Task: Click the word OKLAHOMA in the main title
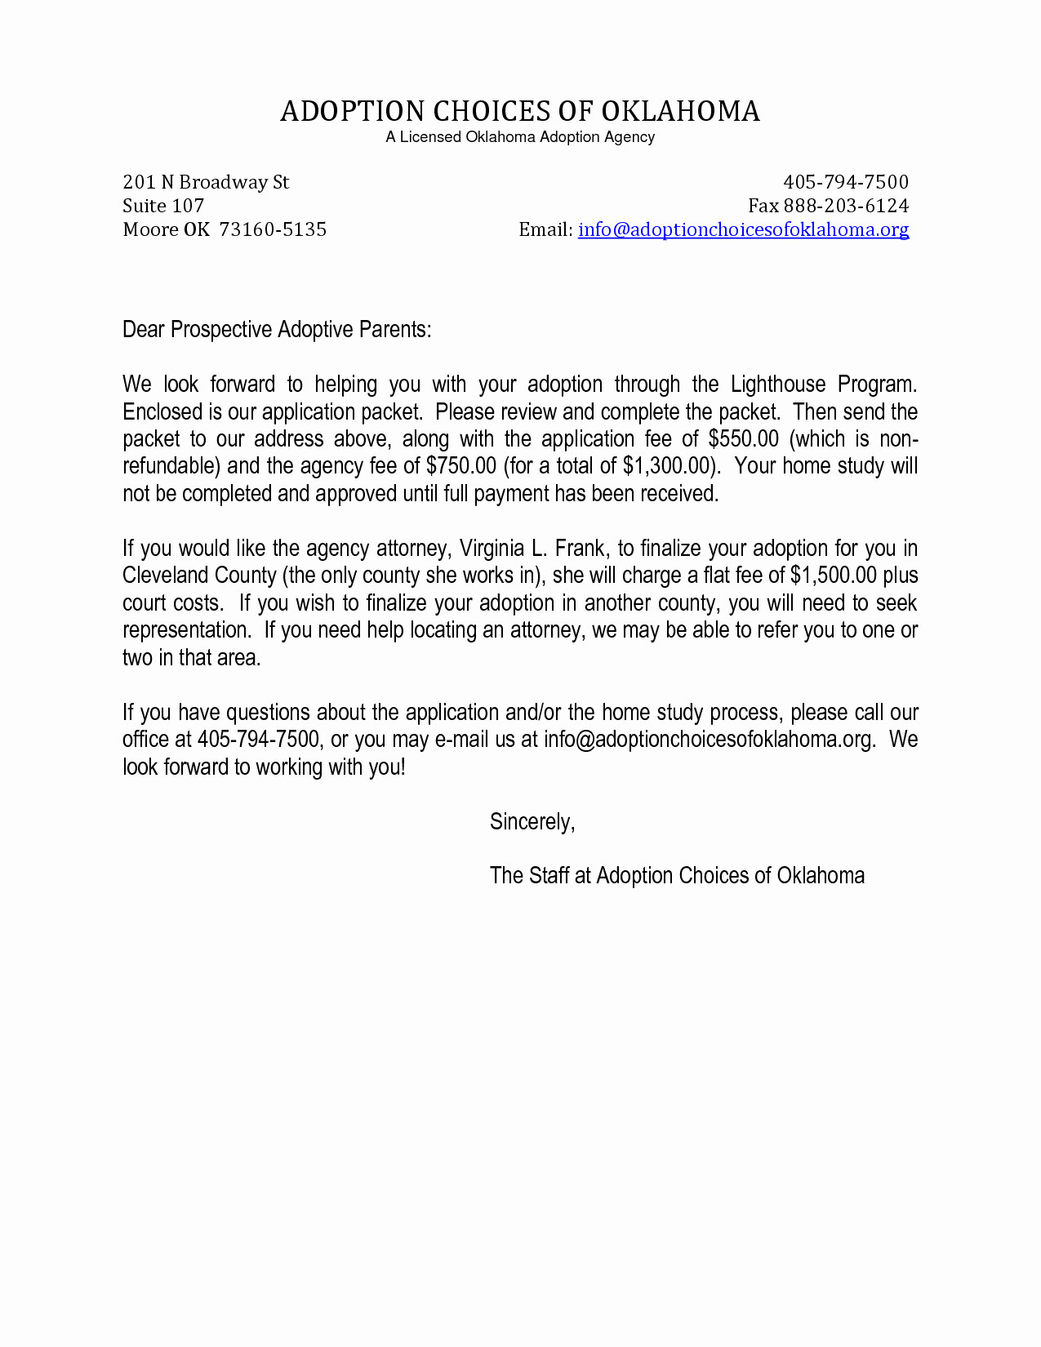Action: [x=680, y=111]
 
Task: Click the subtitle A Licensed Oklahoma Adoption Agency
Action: [x=520, y=137]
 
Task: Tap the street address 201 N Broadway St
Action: [x=206, y=182]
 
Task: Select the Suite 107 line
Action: [x=163, y=206]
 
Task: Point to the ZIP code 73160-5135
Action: [x=273, y=229]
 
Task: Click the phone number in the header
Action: [x=845, y=182]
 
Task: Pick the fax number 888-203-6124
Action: [x=845, y=206]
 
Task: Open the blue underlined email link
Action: [x=743, y=229]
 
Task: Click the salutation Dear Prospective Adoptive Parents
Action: [x=277, y=330]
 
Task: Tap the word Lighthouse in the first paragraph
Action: [x=779, y=385]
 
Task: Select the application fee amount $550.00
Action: [x=744, y=439]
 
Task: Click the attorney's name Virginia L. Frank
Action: [x=532, y=548]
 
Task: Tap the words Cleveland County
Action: [x=199, y=576]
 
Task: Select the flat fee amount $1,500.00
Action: [x=834, y=576]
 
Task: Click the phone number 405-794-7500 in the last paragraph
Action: [x=258, y=740]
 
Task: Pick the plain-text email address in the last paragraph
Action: [x=708, y=740]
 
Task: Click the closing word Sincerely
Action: [x=532, y=821]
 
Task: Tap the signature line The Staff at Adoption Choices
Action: [x=676, y=876]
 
